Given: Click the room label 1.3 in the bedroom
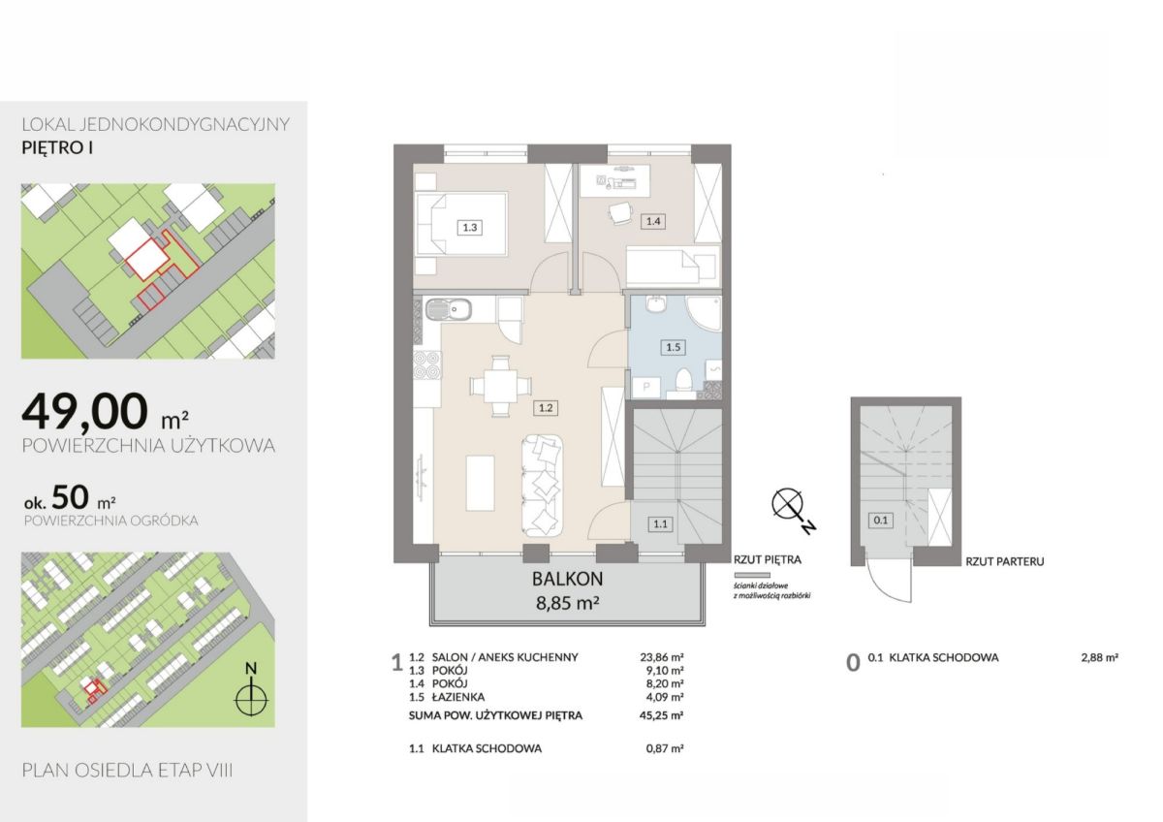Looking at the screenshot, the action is coord(470,228).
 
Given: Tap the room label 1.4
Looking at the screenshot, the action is coord(652,221).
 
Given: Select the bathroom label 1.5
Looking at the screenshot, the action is coord(673,347).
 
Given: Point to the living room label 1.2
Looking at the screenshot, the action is coord(545,408).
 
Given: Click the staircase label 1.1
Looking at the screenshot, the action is coord(660,524).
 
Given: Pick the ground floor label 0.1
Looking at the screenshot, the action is coord(881,520).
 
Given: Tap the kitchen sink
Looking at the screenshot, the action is coord(449,309).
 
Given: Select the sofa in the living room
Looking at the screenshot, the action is coord(542,486).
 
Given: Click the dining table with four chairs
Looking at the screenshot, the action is coord(500,386).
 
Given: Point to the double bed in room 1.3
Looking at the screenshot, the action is coord(461,224).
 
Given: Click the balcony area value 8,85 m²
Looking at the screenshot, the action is coord(568,603).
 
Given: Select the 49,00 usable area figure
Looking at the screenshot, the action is coord(84,411).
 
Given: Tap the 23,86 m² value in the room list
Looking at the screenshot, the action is coord(661,657).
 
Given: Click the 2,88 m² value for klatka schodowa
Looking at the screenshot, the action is coord(1099,657).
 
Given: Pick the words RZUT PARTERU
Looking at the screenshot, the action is coord(1005,561).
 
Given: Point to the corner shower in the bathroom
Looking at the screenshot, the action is coord(704,313).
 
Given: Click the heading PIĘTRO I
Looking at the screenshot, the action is coord(57,148).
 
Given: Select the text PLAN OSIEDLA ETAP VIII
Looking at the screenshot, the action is coord(127,770).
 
